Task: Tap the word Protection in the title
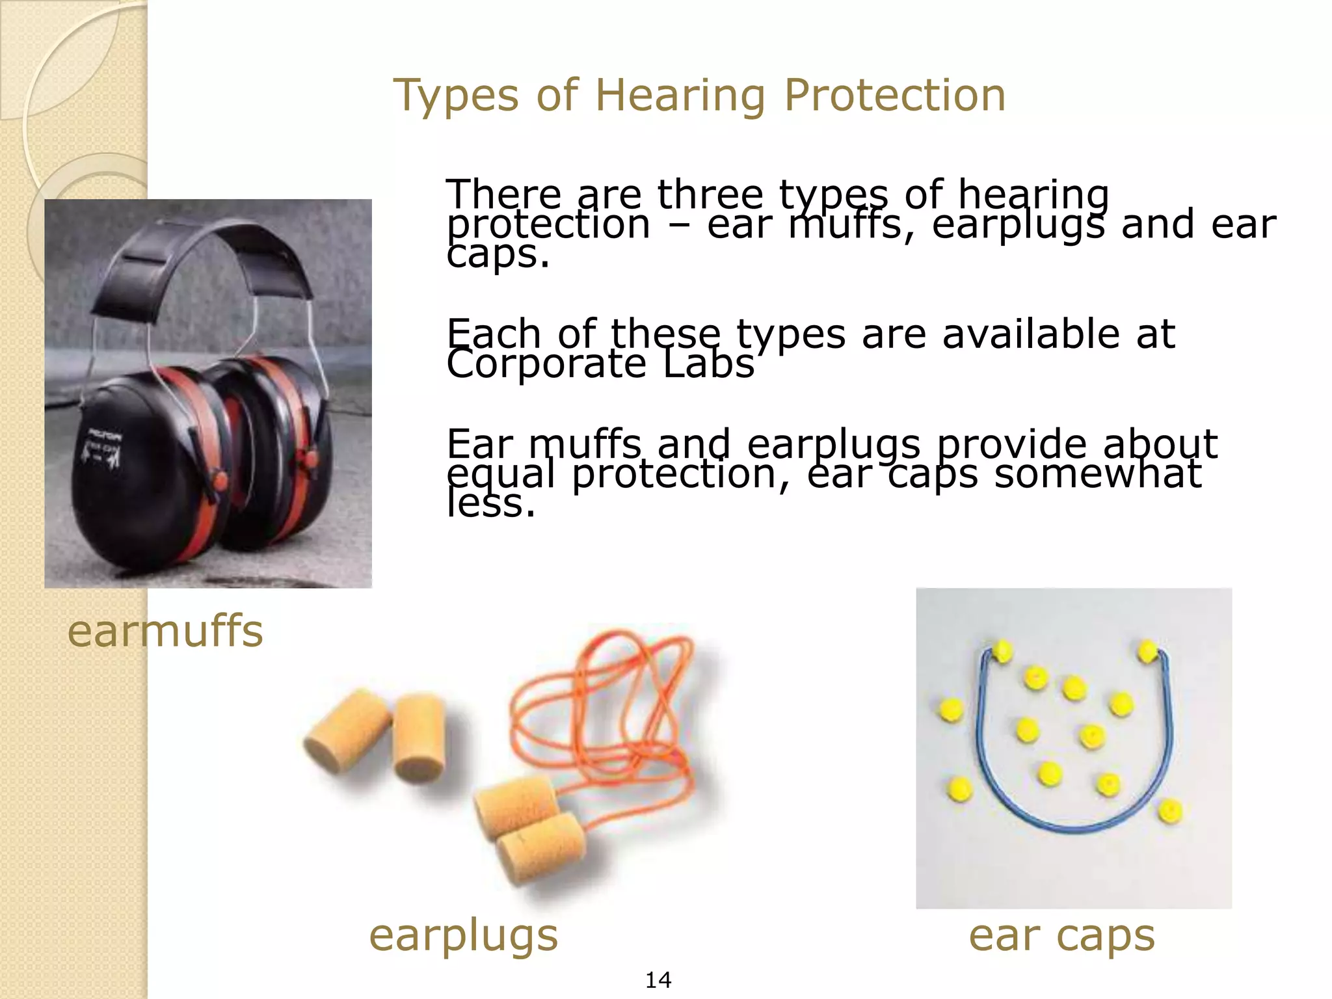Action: tap(895, 95)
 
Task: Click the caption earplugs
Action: tap(463, 937)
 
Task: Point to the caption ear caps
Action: tap(1061, 937)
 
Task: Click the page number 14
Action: tap(658, 979)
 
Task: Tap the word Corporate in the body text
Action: tap(545, 364)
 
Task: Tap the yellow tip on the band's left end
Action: tap(1002, 650)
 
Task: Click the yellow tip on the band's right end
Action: tap(1147, 650)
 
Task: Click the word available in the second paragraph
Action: tap(1030, 334)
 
